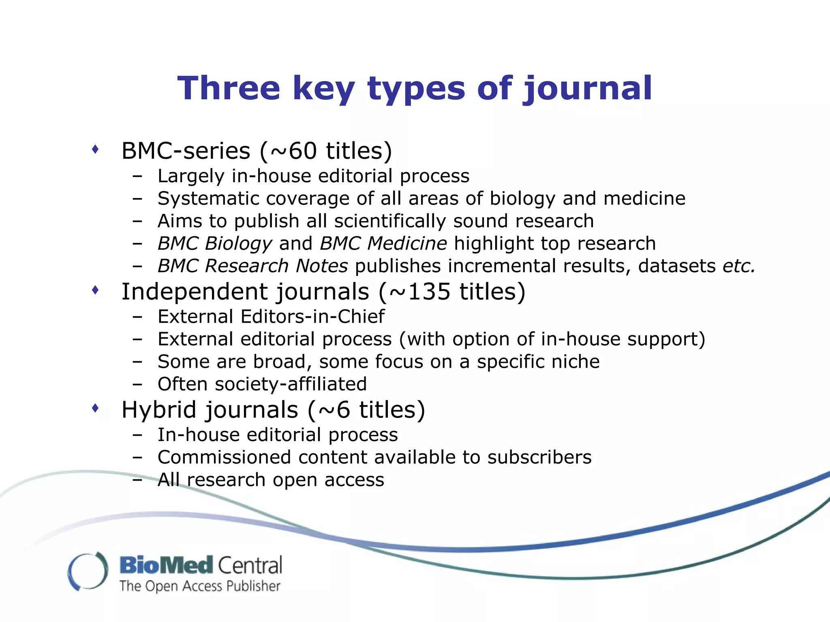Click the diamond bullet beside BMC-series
point(95,149)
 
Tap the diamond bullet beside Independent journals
point(95,290)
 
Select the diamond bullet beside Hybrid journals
point(95,408)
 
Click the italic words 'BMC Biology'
point(215,243)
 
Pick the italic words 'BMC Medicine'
point(383,243)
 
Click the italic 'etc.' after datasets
point(739,266)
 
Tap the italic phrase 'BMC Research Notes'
point(252,266)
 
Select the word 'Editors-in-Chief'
point(312,317)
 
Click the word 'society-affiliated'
point(291,384)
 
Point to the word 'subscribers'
point(539,457)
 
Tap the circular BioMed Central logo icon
point(88,571)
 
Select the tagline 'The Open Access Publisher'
point(200,586)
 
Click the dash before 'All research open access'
point(137,480)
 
